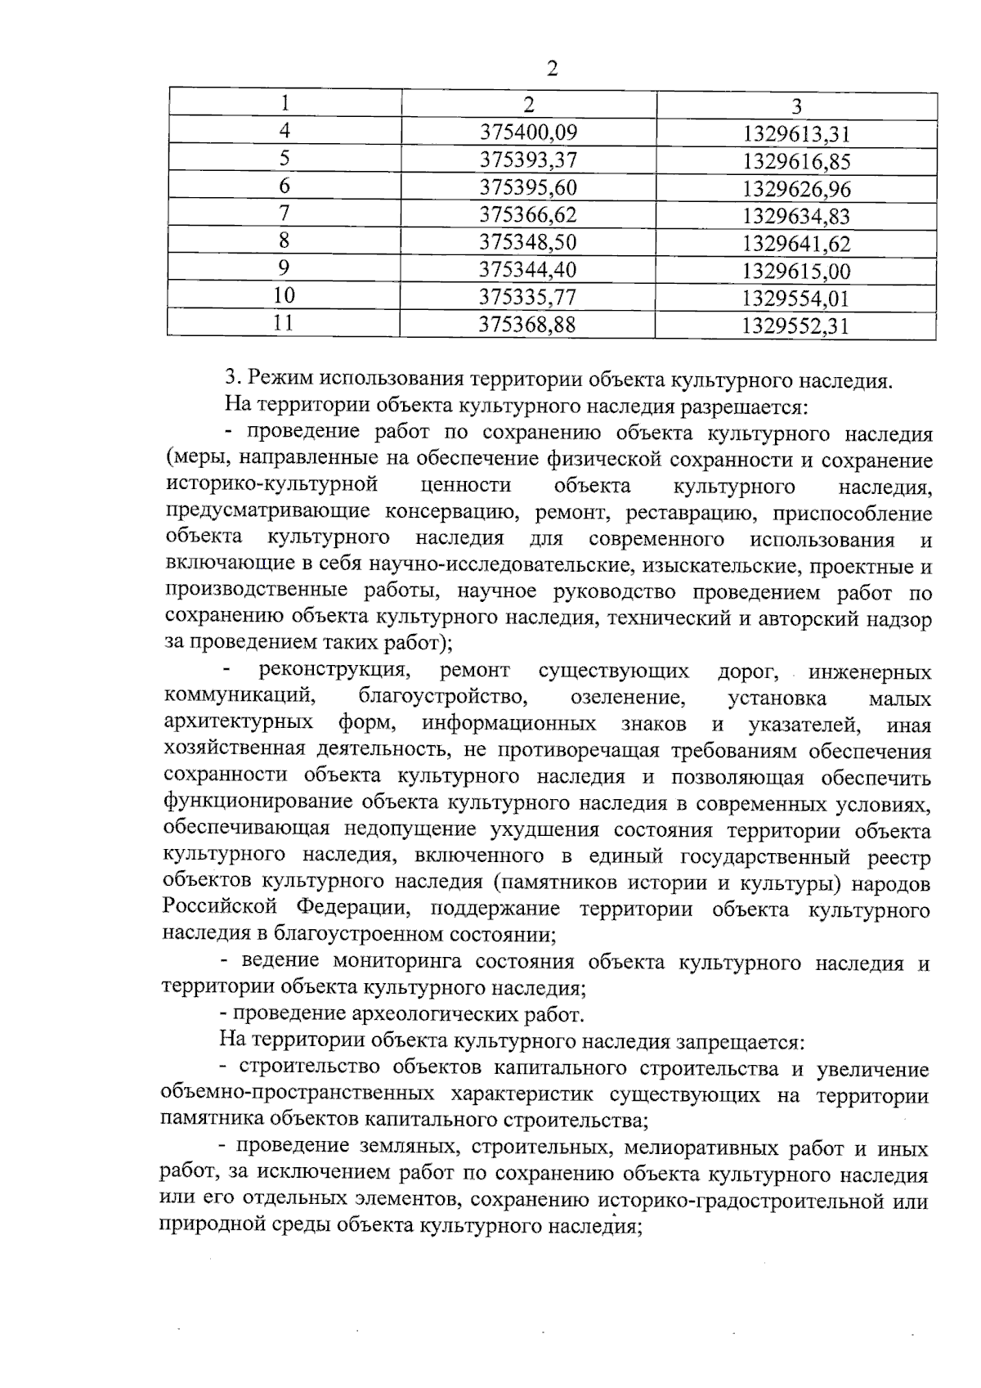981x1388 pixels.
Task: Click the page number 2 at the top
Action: point(552,69)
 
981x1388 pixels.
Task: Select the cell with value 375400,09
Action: point(528,132)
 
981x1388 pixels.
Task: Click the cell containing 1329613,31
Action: point(796,134)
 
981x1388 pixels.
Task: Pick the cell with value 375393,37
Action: point(528,159)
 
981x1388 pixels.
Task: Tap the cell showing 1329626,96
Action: point(796,190)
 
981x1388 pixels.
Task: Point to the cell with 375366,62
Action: point(528,215)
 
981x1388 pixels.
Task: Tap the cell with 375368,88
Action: point(528,325)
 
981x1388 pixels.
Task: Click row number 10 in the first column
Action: point(284,295)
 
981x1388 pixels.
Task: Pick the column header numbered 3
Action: point(796,106)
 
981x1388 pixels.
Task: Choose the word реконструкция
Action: point(334,672)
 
